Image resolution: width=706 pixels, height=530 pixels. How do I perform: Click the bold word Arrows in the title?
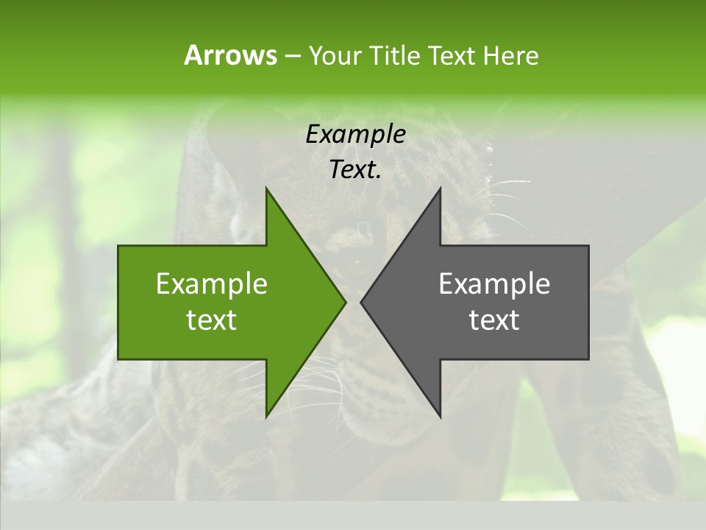click(230, 55)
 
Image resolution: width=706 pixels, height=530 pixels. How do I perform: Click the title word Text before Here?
click(452, 56)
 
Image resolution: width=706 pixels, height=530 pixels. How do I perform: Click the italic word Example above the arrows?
click(355, 135)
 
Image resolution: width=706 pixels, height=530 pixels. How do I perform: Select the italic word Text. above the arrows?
click(355, 170)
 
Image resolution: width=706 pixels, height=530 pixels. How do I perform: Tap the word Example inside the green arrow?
click(212, 284)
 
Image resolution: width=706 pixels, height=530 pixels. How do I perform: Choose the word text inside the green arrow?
click(212, 320)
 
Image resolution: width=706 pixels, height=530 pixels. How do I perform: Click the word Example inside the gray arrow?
click(494, 284)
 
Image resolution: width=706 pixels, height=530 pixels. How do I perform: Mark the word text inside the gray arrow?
click(494, 320)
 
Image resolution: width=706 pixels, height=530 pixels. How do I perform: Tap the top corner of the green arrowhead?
click(267, 189)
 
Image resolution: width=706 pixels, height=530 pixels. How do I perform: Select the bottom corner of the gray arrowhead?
click(440, 416)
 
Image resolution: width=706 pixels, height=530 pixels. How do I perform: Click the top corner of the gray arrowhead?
click(440, 189)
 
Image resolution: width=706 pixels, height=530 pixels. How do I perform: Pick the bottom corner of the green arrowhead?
click(267, 416)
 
